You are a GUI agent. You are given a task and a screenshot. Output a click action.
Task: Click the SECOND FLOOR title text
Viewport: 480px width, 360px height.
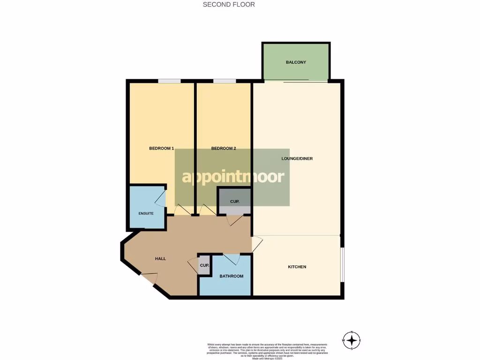pyautogui.click(x=229, y=5)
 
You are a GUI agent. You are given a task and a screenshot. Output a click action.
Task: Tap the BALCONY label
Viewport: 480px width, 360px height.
pyautogui.click(x=296, y=62)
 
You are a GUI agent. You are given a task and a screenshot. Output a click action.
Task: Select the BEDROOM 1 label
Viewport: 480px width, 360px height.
pyautogui.click(x=161, y=149)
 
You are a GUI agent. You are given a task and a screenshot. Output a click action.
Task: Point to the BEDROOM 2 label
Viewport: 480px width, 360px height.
pyautogui.click(x=224, y=149)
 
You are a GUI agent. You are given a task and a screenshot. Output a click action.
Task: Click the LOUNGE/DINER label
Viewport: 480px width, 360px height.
pyautogui.click(x=297, y=158)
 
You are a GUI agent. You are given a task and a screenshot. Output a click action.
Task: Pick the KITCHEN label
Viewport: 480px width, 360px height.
pyautogui.click(x=297, y=267)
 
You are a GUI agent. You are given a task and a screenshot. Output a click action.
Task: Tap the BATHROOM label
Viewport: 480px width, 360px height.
pyautogui.click(x=232, y=276)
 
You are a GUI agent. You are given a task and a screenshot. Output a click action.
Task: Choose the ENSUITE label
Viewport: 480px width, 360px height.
pyautogui.click(x=146, y=213)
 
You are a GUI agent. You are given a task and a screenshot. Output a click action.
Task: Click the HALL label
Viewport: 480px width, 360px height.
pyautogui.click(x=160, y=258)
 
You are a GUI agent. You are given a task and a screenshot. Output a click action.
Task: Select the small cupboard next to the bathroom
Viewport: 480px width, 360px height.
pyautogui.click(x=204, y=265)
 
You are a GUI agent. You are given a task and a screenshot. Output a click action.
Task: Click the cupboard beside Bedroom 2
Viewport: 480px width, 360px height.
pyautogui.click(x=235, y=201)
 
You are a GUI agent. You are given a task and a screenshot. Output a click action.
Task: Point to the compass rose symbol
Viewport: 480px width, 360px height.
pyautogui.click(x=352, y=340)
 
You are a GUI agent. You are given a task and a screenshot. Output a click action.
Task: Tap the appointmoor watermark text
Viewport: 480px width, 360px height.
pyautogui.click(x=233, y=177)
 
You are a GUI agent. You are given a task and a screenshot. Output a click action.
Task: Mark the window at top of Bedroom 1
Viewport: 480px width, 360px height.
pyautogui.click(x=169, y=81)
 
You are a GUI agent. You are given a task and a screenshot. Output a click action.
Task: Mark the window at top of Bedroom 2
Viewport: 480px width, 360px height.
pyautogui.click(x=225, y=81)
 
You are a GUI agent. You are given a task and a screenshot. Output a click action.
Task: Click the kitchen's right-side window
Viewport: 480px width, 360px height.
pyautogui.click(x=342, y=265)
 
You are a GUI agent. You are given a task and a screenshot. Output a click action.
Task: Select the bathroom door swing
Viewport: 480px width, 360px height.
pyautogui.click(x=232, y=259)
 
